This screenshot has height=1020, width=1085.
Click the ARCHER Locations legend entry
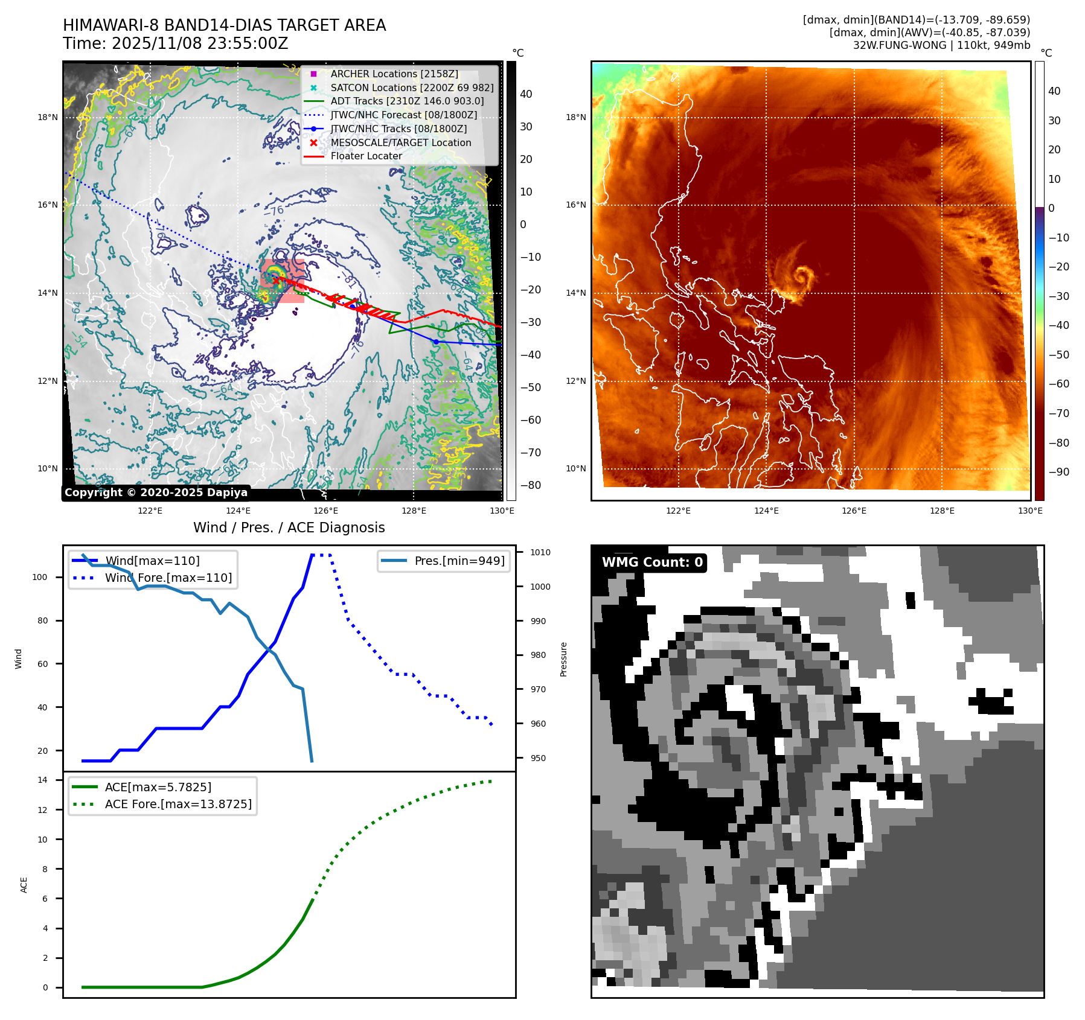[x=394, y=74]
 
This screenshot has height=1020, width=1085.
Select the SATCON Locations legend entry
[x=412, y=88]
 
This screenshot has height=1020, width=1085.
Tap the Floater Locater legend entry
[x=366, y=156]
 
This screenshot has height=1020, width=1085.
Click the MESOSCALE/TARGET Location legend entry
[x=400, y=142]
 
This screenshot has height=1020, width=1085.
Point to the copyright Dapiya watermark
[x=156, y=492]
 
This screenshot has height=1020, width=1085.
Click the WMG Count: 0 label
[x=652, y=563]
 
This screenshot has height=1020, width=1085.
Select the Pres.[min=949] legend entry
[x=459, y=561]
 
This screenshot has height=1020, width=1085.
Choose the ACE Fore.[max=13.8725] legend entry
[x=178, y=804]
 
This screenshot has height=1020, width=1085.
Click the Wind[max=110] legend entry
[x=152, y=561]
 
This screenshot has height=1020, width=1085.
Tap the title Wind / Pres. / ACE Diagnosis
[x=289, y=528]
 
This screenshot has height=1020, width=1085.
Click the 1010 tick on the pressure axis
[x=540, y=552]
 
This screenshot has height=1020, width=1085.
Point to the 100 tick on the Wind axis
[x=40, y=577]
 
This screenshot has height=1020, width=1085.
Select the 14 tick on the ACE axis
[x=42, y=780]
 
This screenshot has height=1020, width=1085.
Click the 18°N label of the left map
[x=48, y=117]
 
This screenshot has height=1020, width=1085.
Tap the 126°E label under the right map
[x=854, y=511]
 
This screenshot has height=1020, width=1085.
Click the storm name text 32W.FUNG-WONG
[x=899, y=45]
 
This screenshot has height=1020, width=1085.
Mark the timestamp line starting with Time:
[x=175, y=43]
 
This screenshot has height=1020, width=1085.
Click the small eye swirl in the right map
[x=803, y=277]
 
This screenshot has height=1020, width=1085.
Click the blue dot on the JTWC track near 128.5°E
[x=436, y=342]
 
